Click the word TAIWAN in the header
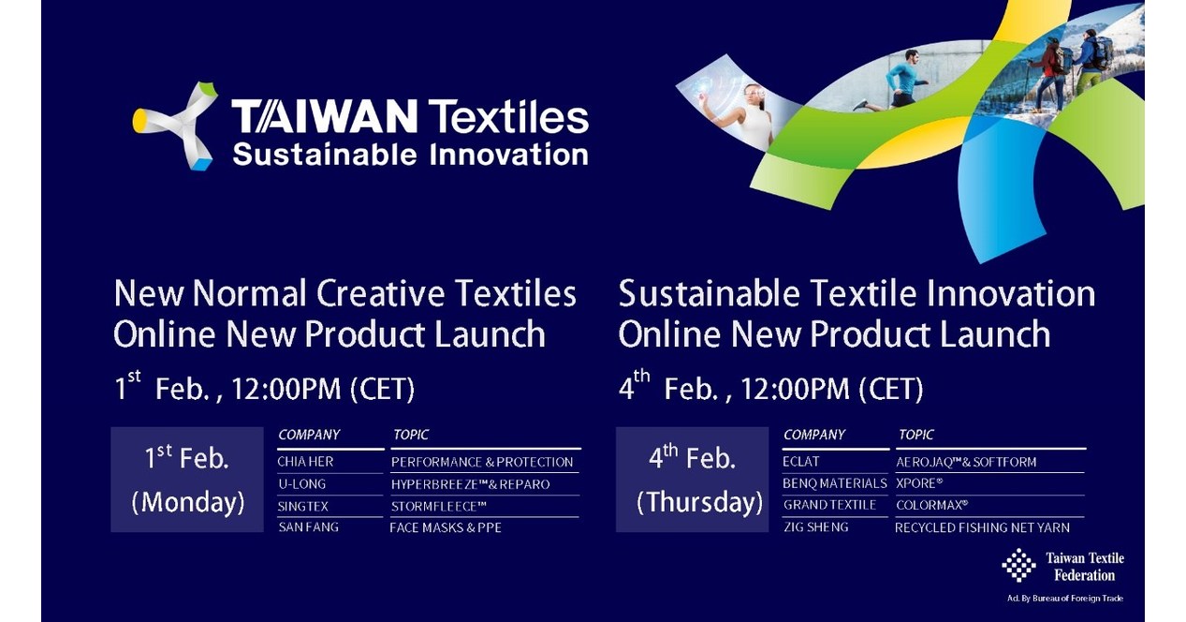[324, 117]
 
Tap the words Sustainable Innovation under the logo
[410, 154]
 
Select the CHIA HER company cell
[305, 462]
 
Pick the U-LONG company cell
[301, 484]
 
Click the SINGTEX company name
[303, 507]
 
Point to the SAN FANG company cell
[308, 527]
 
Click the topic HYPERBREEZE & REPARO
[470, 484]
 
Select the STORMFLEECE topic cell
[439, 507]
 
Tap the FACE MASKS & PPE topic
[446, 527]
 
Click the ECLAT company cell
[801, 462]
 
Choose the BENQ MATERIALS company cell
[834, 483]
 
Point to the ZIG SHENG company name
[815, 527]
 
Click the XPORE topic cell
[919, 483]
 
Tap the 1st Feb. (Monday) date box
[187, 480]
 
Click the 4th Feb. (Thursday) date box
[692, 480]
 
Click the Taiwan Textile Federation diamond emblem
[1018, 565]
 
